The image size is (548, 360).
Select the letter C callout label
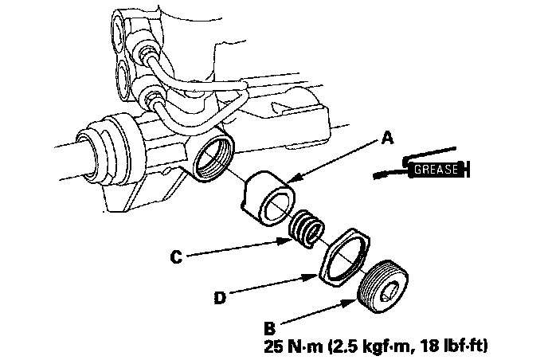point(178,257)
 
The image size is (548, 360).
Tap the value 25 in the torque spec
point(274,347)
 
